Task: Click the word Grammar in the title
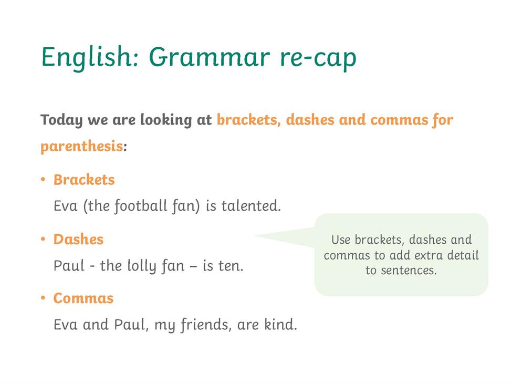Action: click(x=210, y=57)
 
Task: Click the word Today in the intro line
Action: click(x=61, y=120)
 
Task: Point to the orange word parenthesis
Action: click(x=81, y=146)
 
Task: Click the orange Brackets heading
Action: click(x=84, y=180)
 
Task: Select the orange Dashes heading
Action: click(x=78, y=239)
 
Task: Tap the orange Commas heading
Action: click(x=83, y=298)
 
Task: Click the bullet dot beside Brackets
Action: click(x=43, y=180)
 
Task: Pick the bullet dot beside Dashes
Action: click(x=43, y=239)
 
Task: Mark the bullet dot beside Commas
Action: click(x=43, y=298)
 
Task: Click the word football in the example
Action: click(x=141, y=206)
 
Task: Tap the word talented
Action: click(x=251, y=206)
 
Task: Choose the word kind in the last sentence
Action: click(x=280, y=325)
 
